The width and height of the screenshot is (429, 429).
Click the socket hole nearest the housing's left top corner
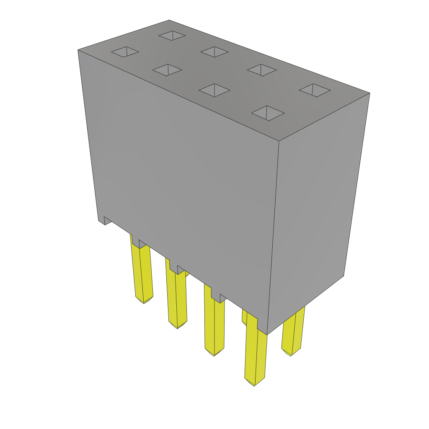coord(125,52)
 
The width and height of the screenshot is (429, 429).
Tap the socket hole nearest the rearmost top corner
coord(172,36)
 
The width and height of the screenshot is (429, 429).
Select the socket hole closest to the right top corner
coord(315,90)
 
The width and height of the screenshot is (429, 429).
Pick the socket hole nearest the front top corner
coord(268,113)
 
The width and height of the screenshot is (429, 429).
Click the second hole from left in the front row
coord(167,70)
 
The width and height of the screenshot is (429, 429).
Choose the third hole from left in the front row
coord(214,90)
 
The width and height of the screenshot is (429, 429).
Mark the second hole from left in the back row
coord(214,52)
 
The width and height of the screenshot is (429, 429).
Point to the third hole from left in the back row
coord(262,70)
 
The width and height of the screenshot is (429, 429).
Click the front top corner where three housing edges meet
coord(279,141)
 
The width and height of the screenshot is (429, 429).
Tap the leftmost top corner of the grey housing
coord(78,50)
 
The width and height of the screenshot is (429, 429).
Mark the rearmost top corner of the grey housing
coord(169,21)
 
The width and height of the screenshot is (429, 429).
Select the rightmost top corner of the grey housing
coord(369,93)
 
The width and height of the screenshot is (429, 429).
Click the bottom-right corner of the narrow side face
coord(344,275)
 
